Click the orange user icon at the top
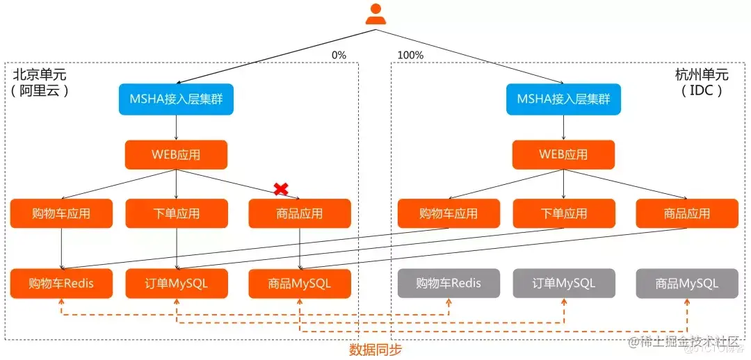[x=375, y=15]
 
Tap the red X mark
[x=281, y=188]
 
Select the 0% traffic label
[x=339, y=55]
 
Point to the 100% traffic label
[x=410, y=55]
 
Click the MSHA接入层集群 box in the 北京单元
[x=176, y=99]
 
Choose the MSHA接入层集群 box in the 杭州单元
[x=563, y=99]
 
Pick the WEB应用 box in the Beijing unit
[x=176, y=154]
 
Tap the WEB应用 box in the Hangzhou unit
[x=563, y=154]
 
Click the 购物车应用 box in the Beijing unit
[x=61, y=213]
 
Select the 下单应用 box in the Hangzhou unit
[x=563, y=213]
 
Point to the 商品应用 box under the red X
[x=300, y=213]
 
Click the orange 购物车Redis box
[x=61, y=284]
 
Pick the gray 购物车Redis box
[x=449, y=284]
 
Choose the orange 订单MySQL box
[x=176, y=284]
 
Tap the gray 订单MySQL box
[x=563, y=284]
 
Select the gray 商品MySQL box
[x=687, y=284]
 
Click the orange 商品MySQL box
[x=300, y=284]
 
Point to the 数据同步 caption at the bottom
[x=375, y=349]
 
